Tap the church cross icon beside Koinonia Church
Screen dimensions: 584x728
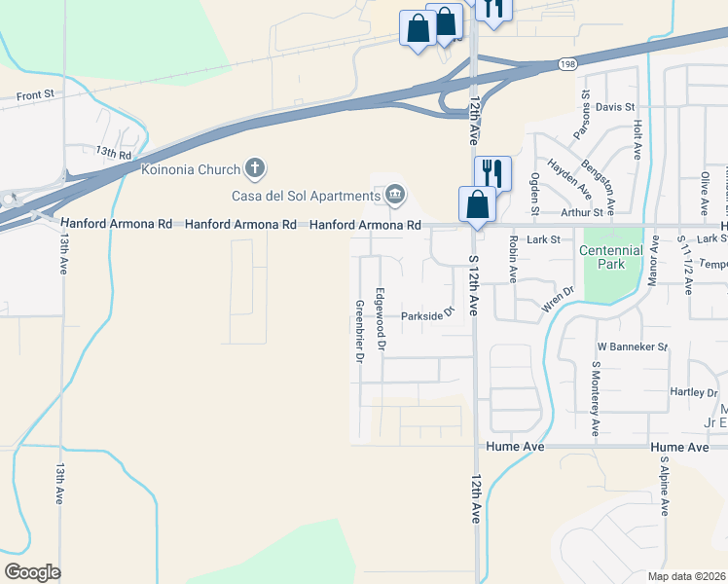point(255,169)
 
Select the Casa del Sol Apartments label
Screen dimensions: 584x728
point(306,195)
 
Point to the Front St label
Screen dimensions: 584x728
point(33,96)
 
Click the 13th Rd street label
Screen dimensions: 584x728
point(113,153)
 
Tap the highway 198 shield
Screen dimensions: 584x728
point(568,64)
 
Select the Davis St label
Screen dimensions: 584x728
point(615,106)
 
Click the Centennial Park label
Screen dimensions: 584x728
point(610,258)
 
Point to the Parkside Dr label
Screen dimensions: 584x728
point(428,314)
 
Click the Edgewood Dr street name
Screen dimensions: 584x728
point(382,319)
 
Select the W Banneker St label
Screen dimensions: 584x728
point(632,347)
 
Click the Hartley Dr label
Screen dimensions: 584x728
point(693,392)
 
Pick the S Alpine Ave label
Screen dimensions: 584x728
point(665,485)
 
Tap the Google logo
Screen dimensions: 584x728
point(32,572)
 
